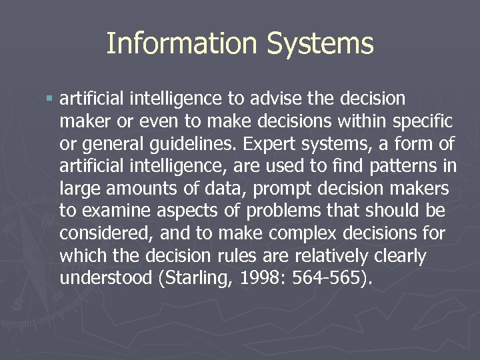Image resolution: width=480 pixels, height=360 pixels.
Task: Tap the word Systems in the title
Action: [x=320, y=44]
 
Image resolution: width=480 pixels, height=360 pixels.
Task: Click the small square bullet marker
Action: [x=49, y=99]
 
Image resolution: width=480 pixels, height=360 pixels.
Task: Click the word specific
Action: [x=420, y=122]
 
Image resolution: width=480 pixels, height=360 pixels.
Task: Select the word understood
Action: [x=106, y=279]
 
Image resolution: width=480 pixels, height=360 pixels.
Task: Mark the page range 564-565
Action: [x=335, y=279]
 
